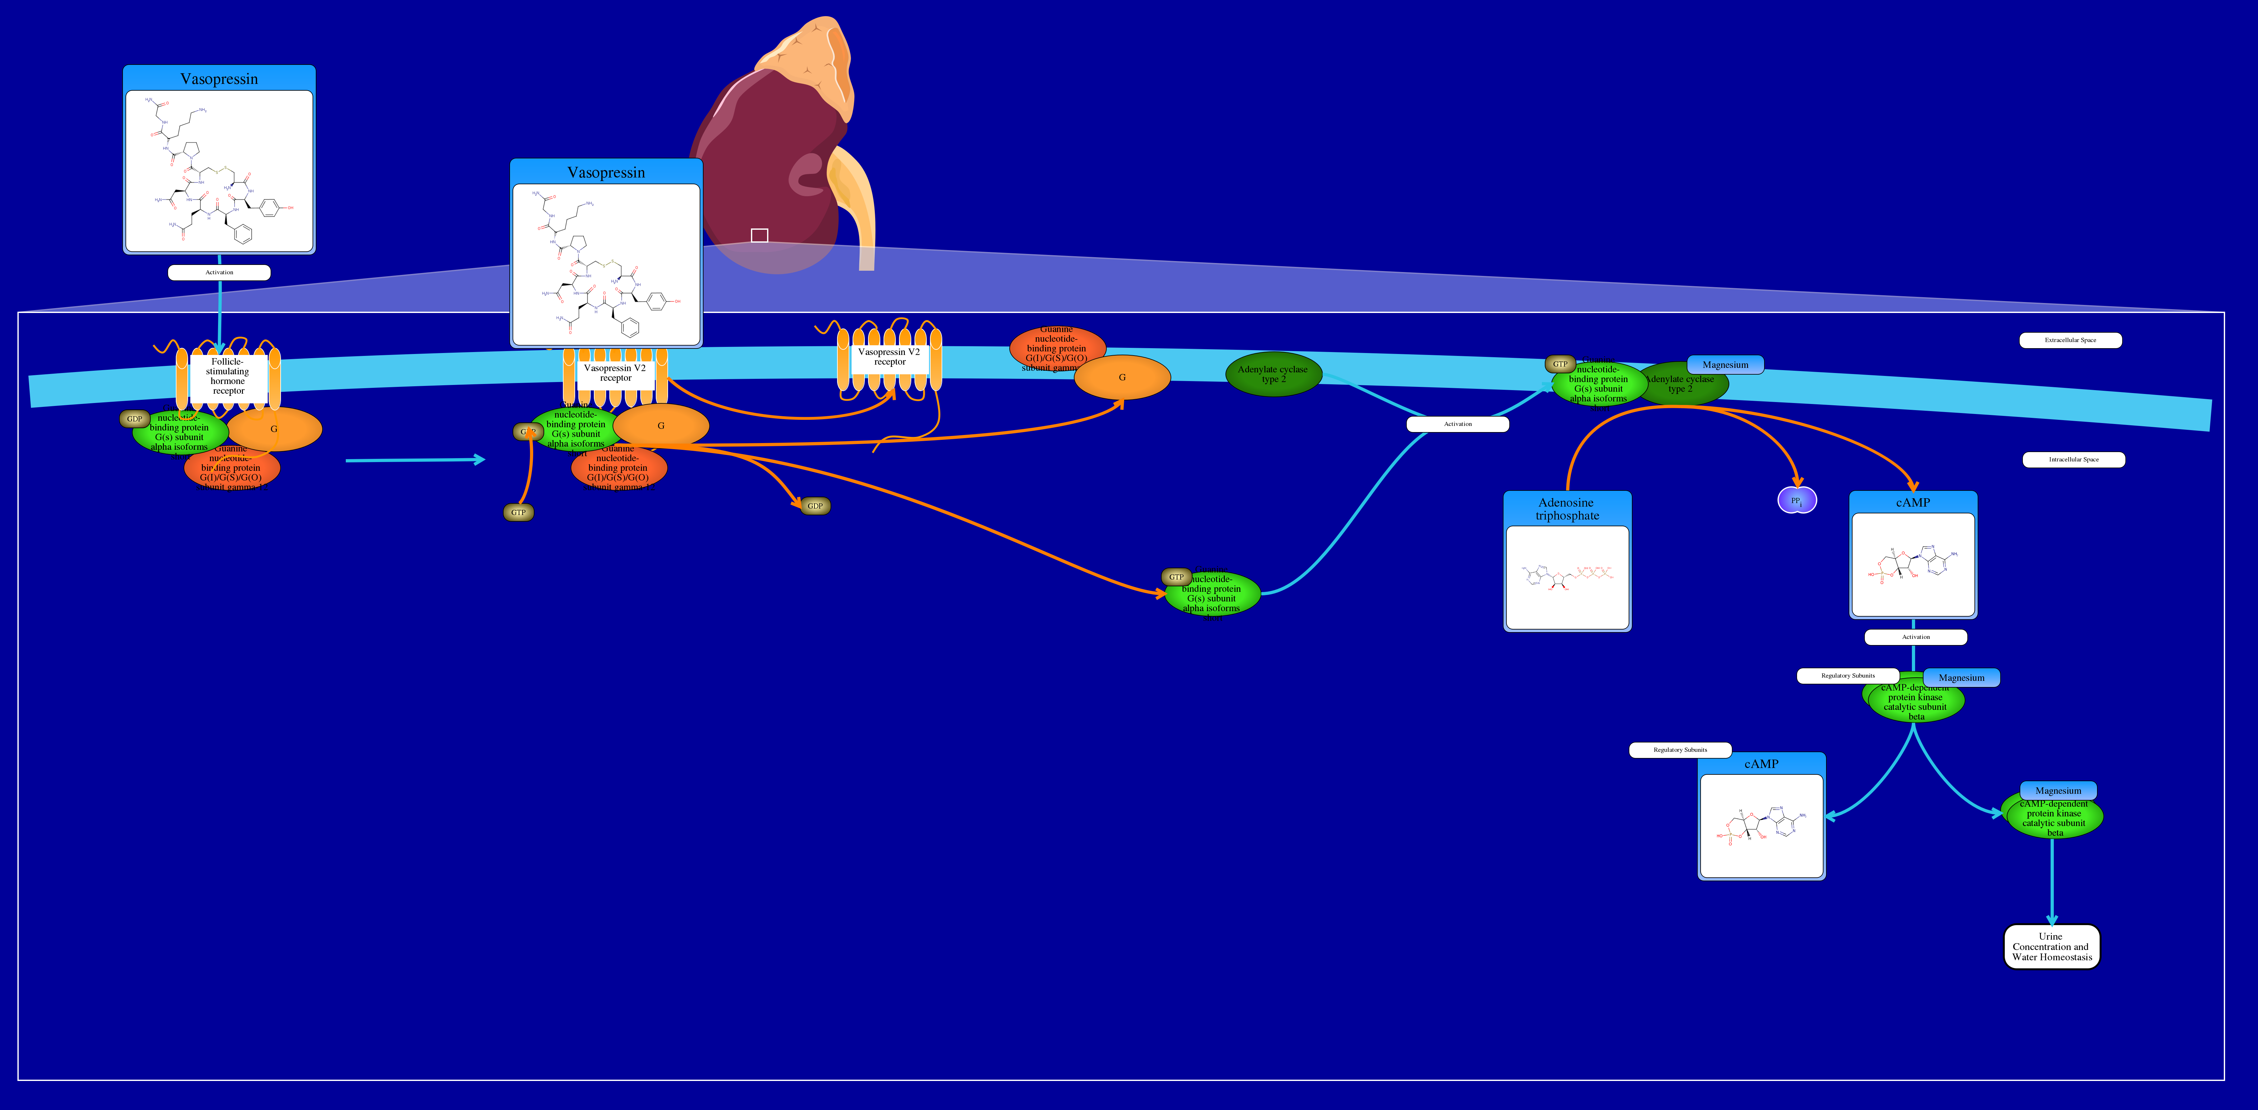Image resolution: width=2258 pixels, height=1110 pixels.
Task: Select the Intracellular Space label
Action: click(2073, 459)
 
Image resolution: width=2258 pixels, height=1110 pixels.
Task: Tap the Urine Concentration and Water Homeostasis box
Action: click(2051, 947)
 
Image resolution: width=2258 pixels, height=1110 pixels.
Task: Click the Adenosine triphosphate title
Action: click(1566, 509)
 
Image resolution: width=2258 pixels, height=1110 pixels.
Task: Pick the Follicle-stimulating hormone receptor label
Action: click(228, 376)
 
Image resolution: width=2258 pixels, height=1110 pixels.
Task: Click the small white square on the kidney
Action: click(759, 235)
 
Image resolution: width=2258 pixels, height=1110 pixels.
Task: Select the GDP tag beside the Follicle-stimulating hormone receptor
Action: click(134, 419)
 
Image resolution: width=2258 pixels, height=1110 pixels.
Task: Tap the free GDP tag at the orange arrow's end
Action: click(815, 506)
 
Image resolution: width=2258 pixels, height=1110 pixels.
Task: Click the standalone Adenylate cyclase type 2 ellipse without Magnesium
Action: click(1273, 374)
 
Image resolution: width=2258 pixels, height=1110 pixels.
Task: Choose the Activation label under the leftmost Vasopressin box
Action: click(219, 273)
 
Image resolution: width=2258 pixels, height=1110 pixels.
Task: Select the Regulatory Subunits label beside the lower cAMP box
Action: click(1680, 750)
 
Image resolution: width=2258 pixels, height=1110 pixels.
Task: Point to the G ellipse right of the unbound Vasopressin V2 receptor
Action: click(1122, 377)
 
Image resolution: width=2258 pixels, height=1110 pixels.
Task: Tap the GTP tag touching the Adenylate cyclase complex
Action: click(1559, 364)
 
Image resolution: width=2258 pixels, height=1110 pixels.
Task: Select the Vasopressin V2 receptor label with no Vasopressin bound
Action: click(889, 357)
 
